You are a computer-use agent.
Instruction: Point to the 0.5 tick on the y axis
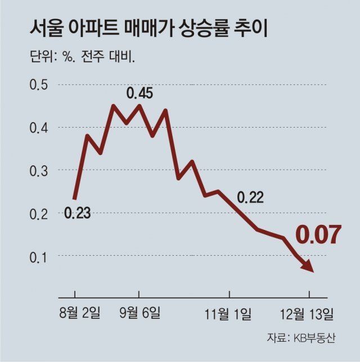click(39, 85)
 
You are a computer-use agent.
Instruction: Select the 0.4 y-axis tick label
click(39, 128)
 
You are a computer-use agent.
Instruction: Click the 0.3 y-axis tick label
click(39, 170)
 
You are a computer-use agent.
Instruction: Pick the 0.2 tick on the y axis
click(39, 213)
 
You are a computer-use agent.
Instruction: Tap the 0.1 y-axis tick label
click(39, 256)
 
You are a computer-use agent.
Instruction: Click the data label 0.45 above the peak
click(139, 93)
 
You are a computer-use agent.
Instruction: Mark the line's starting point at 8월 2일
click(75, 198)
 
